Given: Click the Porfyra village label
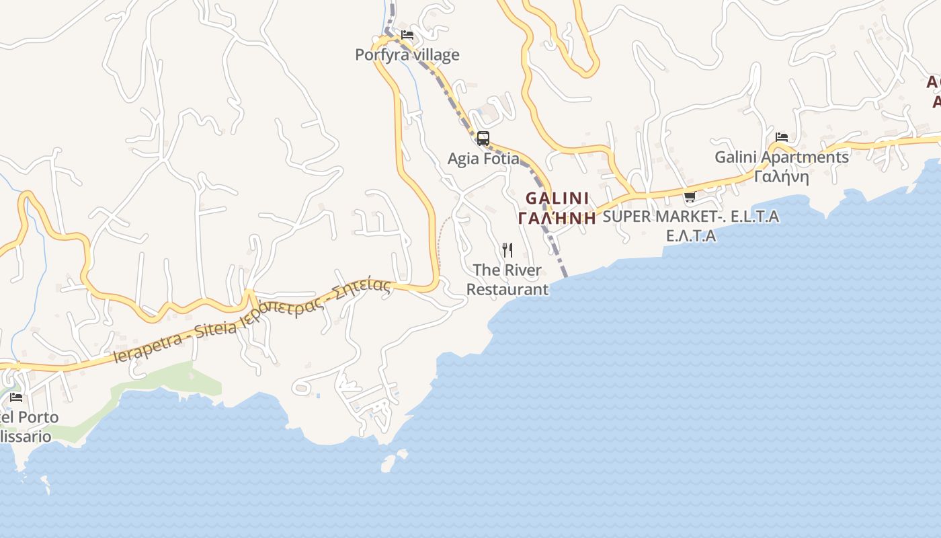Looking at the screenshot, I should pos(407,54).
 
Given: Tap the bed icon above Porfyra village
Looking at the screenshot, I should pos(407,34).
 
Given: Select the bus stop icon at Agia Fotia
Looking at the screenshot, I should pos(483,139).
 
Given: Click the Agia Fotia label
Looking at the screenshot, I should pos(483,159).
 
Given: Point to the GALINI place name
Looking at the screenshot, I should pos(557,198).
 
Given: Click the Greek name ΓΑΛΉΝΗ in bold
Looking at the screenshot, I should pos(557,217).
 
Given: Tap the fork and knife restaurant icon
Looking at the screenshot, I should pos(507,250).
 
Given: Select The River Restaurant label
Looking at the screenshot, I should pos(507,280).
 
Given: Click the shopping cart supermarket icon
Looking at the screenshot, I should pos(689,197).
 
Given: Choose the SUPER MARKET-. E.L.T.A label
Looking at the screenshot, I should pos(690,217).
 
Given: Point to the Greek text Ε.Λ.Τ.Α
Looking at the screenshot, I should pos(690,236).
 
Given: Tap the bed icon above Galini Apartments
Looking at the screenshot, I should pos(782,137).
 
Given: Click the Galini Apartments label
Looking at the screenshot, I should pos(781,157).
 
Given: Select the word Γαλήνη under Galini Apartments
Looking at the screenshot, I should pos(781,176).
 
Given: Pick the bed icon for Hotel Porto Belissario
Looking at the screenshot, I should pos(16,397).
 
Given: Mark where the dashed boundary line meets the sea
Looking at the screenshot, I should pos(565,275).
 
